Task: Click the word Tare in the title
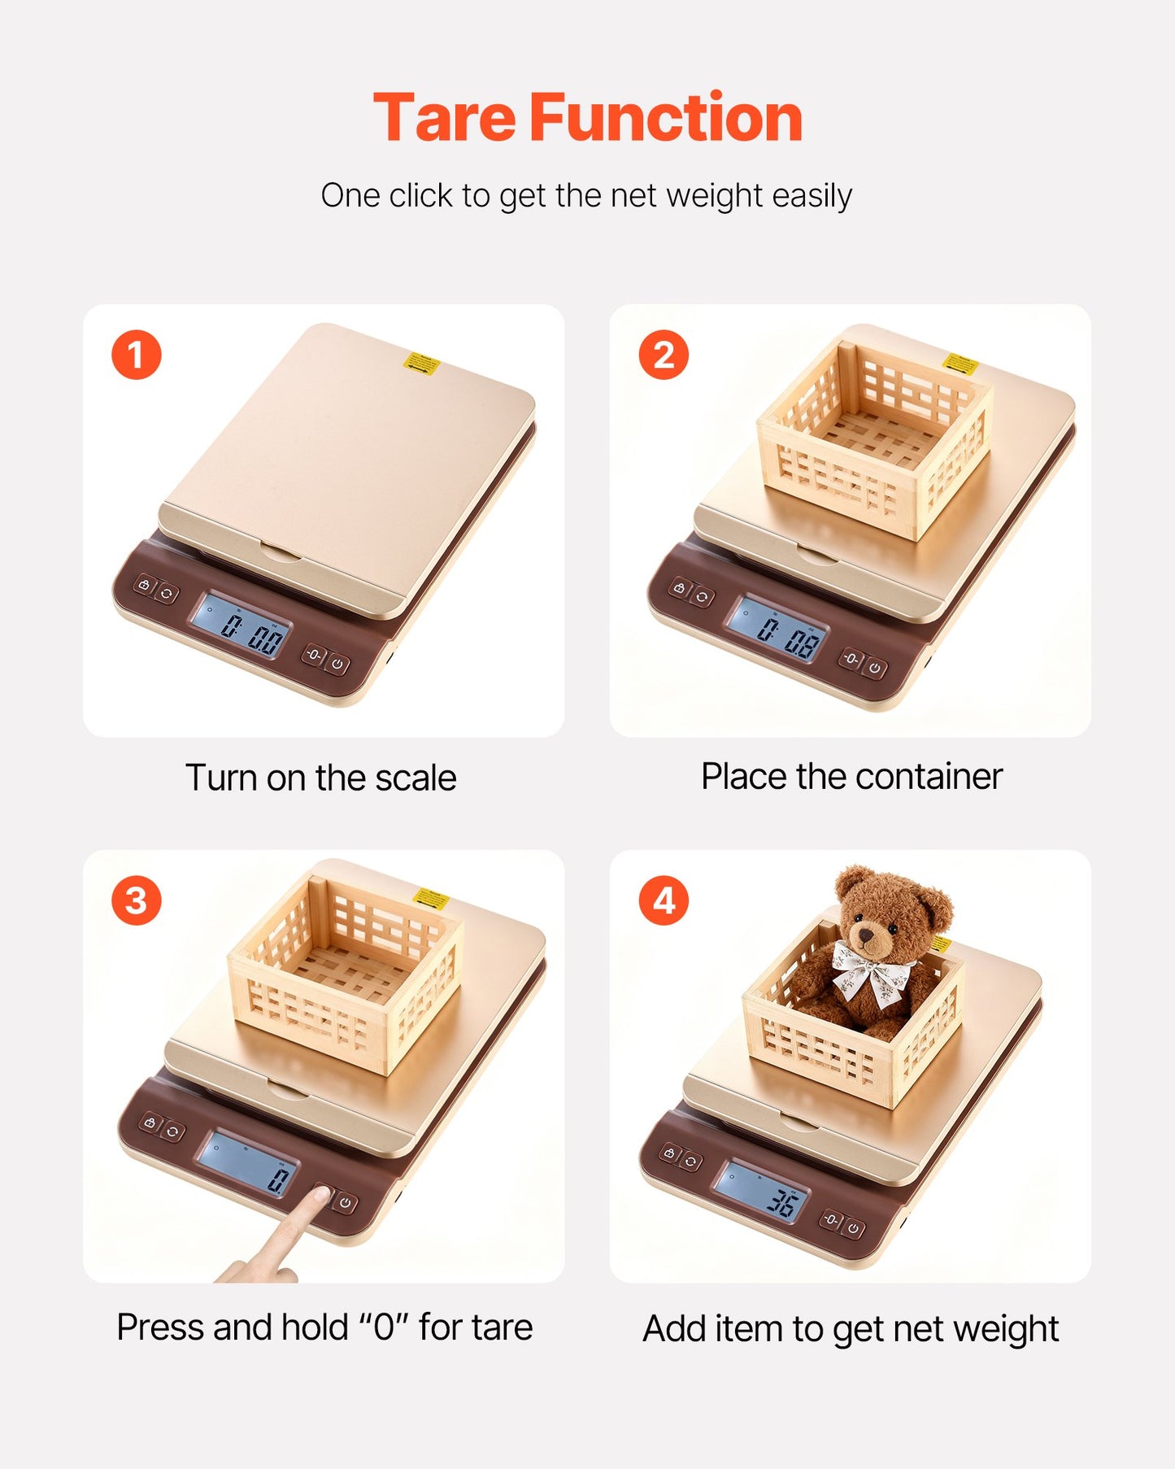[444, 119]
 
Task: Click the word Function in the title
[666, 119]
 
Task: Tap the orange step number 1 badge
[136, 355]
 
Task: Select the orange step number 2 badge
[664, 355]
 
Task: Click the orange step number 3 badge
[136, 901]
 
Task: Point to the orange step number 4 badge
[664, 901]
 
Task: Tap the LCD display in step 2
[777, 628]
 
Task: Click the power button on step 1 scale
[339, 665]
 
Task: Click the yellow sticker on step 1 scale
[422, 362]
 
